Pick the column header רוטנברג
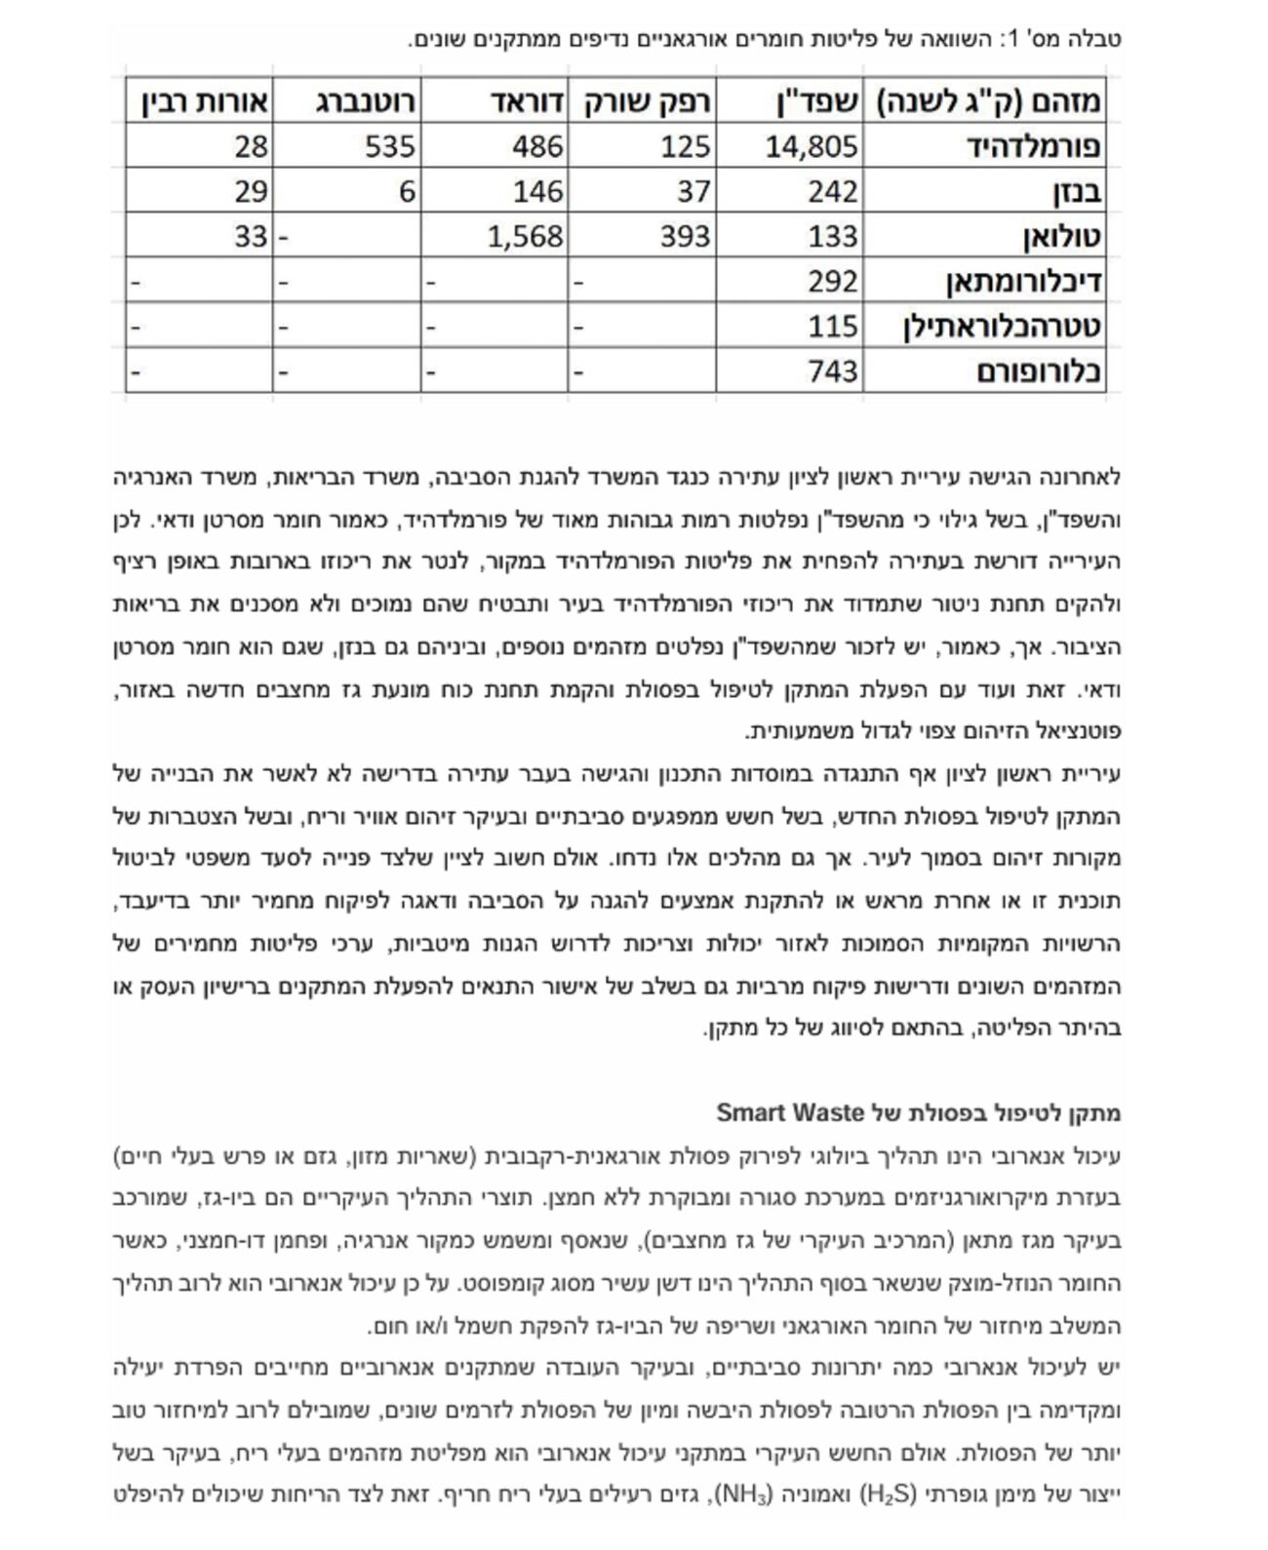coord(365,100)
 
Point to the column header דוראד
coord(525,100)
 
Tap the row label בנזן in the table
coord(1077,191)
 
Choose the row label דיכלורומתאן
coord(1024,282)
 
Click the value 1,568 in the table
coord(525,236)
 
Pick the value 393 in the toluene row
coord(685,236)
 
